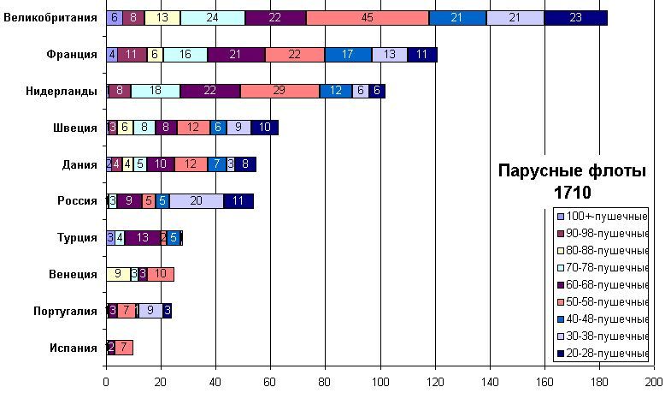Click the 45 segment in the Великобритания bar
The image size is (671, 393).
[x=368, y=18]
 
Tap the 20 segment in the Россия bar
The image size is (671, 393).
[x=197, y=201]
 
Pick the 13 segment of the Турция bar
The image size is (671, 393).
[x=142, y=238]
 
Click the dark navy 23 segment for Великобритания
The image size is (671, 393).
[x=575, y=18]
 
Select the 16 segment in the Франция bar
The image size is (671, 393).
[x=185, y=55]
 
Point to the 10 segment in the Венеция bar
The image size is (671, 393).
[x=162, y=274]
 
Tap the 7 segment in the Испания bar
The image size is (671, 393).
[x=124, y=347]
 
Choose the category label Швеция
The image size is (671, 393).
[x=75, y=128]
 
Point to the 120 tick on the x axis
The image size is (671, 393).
[x=435, y=383]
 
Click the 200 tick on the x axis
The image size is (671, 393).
[x=654, y=383]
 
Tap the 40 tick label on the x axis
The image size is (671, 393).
[x=215, y=383]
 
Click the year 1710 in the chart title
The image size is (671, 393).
[x=572, y=192]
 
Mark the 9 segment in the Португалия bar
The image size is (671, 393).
[x=150, y=311]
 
